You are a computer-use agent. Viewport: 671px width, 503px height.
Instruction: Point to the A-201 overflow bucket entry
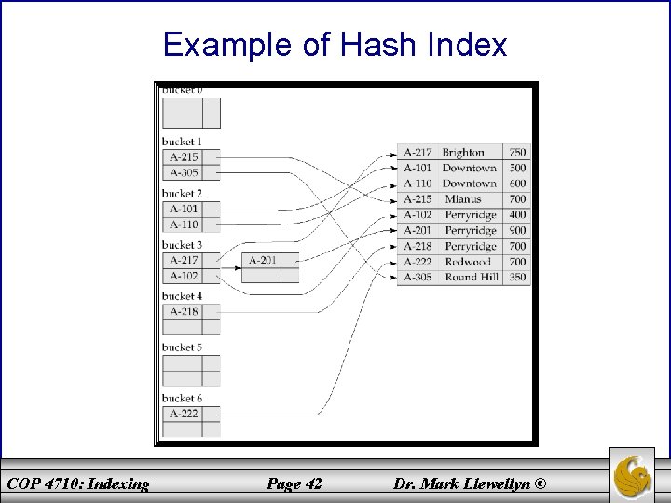tap(262, 261)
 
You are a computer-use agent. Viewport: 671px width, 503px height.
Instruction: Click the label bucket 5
tap(182, 347)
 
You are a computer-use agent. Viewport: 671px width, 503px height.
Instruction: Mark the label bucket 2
tap(182, 194)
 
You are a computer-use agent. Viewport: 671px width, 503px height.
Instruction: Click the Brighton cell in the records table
tap(463, 152)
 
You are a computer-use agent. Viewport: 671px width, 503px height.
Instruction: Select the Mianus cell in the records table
tap(463, 199)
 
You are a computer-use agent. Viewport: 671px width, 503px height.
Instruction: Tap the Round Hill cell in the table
tap(472, 278)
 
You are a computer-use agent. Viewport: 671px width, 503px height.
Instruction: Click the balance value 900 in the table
tap(517, 231)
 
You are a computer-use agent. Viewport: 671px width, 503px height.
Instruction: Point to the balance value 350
tap(517, 278)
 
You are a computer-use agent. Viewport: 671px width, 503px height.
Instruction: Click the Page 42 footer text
tap(293, 483)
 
